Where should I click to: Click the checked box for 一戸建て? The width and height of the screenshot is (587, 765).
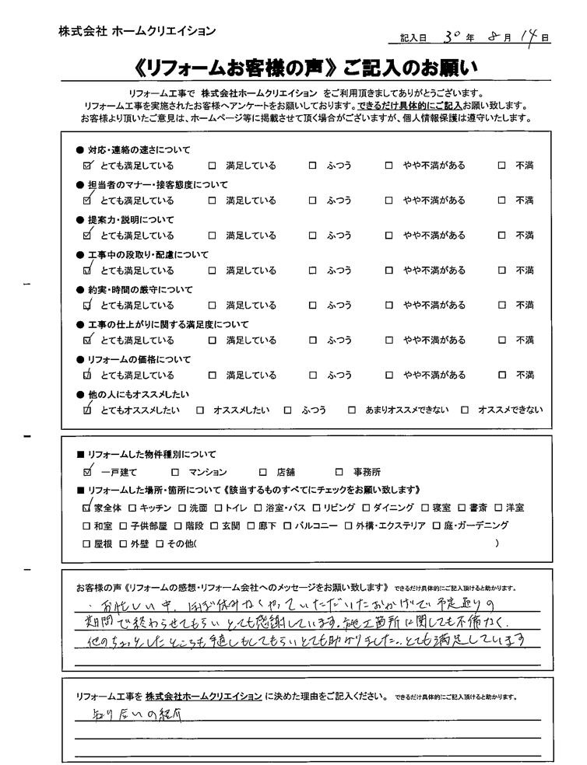pos(86,471)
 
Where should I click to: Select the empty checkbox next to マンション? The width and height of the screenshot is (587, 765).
pos(174,472)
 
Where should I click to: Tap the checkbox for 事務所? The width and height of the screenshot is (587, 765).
pos(339,472)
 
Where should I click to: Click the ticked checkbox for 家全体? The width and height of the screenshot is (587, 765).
pos(86,508)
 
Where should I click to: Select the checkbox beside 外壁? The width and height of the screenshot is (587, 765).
pos(124,543)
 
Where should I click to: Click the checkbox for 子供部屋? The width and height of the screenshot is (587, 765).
pos(124,526)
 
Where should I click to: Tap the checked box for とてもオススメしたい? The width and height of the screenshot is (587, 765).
pos(87,410)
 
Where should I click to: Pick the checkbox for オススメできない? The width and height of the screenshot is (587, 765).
pos(465,410)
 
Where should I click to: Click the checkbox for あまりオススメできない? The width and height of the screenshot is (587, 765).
pos(352,410)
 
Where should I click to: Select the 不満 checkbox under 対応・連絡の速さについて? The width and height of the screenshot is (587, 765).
pos(502,166)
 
